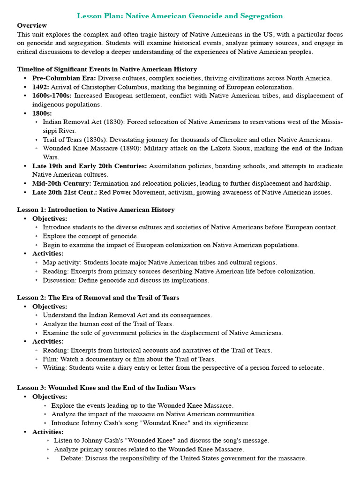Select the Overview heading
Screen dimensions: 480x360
click(x=32, y=25)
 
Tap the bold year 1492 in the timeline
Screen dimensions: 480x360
click(x=41, y=87)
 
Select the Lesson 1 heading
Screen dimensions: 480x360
click(x=96, y=210)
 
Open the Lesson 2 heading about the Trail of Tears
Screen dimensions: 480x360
click(x=98, y=298)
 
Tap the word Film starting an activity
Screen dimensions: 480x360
click(x=50, y=359)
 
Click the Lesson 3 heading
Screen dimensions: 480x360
click(x=106, y=388)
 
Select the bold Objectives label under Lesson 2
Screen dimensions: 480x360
click(x=50, y=307)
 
